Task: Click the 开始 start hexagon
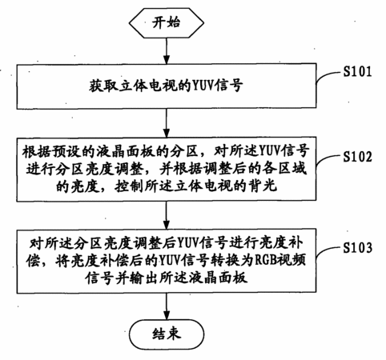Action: [167, 22]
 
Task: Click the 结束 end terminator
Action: [167, 334]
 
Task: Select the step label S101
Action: [357, 71]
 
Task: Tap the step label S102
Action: [357, 157]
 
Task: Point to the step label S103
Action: [357, 247]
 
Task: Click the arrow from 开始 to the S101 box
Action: [167, 50]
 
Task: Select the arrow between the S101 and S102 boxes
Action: [167, 123]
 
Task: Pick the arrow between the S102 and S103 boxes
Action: [167, 215]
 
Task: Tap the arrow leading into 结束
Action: [167, 306]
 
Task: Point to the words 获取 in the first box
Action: [103, 86]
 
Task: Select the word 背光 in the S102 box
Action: [263, 186]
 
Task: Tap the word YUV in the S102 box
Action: [270, 151]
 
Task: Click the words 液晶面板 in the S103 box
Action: [219, 278]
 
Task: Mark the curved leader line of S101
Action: [328, 75]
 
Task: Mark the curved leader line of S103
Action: [328, 252]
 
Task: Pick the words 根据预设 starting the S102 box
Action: [50, 151]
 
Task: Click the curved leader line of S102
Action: [328, 161]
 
